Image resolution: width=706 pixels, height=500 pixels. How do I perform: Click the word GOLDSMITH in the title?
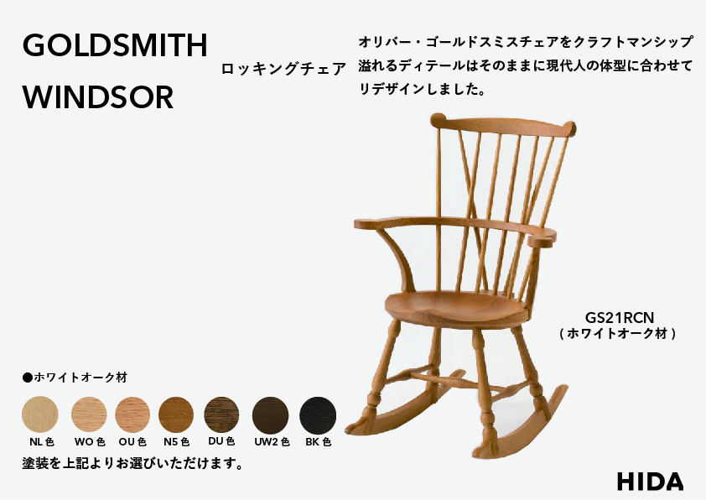(x=115, y=46)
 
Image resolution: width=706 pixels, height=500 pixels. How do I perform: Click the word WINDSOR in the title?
(x=98, y=97)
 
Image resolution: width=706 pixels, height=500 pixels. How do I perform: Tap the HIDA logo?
(x=650, y=482)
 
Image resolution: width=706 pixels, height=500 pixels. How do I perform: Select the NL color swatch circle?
(x=39, y=414)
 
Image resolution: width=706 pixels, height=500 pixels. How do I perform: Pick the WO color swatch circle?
(x=89, y=414)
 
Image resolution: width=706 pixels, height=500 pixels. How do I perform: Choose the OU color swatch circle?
(x=132, y=414)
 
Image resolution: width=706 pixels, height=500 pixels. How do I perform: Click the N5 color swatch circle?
(x=176, y=414)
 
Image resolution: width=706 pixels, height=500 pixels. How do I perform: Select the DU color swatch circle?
(x=221, y=414)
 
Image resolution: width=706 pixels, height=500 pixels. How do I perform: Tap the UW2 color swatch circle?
(x=271, y=414)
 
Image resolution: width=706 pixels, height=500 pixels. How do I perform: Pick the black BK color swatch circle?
(x=318, y=414)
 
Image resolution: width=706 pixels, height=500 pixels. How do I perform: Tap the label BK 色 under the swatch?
(x=318, y=441)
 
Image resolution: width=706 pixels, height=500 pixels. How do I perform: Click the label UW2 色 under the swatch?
(x=271, y=441)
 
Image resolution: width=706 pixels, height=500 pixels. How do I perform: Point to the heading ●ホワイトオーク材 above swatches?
(x=74, y=378)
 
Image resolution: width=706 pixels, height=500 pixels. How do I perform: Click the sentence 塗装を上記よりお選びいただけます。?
(x=132, y=463)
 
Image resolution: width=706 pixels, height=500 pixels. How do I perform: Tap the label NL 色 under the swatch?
(x=39, y=441)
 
